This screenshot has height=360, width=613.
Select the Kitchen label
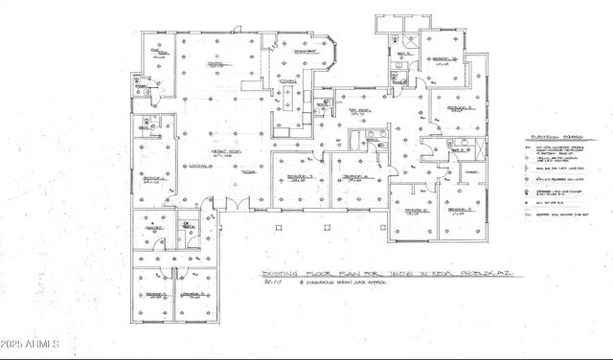[x=286, y=81]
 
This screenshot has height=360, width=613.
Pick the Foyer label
[x=247, y=172]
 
